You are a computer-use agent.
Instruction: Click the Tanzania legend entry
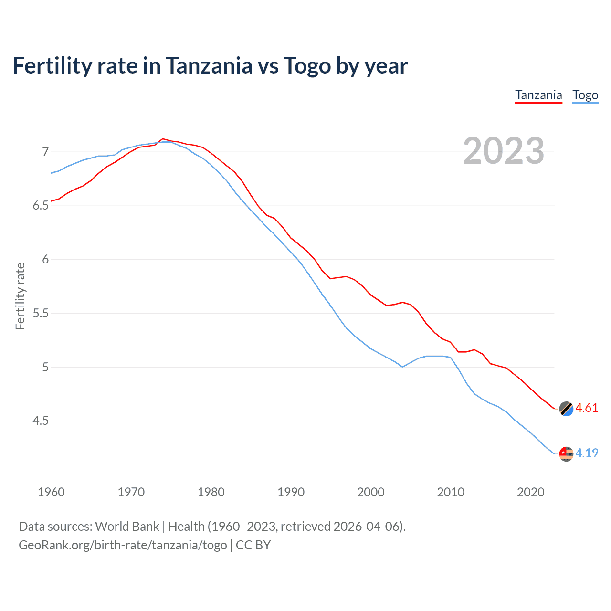538,95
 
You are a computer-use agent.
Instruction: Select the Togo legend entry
585,95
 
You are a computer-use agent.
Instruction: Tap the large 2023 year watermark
503,151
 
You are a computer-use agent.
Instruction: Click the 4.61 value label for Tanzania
587,408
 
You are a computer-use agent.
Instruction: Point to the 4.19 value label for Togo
587,453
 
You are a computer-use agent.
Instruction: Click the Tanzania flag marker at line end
566,409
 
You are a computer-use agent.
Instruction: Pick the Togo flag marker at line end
566,453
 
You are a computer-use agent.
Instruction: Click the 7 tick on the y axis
45,152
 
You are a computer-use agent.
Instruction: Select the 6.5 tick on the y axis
41,206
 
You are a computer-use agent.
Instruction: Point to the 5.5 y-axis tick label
41,314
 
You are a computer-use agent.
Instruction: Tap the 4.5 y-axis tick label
41,421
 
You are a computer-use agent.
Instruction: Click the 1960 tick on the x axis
51,492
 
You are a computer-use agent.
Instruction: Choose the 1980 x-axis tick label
211,492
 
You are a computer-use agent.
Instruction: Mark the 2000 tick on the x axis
370,492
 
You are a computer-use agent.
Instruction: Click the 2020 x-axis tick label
530,492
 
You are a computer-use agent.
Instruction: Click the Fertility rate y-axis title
20,296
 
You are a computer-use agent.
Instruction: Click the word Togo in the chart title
307,65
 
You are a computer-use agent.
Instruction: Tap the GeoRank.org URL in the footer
123,545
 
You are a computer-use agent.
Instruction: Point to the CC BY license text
253,545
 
